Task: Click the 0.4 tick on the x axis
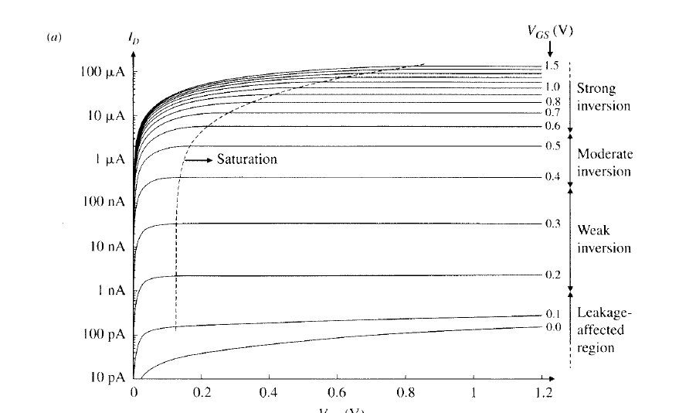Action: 270,393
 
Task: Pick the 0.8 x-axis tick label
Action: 406,393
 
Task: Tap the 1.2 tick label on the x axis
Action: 545,393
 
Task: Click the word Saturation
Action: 246,159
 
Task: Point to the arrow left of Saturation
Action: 200,159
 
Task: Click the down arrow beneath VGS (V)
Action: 550,49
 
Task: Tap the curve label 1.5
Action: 552,66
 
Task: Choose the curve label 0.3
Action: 552,224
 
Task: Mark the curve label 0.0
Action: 552,327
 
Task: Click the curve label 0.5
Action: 552,146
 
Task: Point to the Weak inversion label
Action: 604,240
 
